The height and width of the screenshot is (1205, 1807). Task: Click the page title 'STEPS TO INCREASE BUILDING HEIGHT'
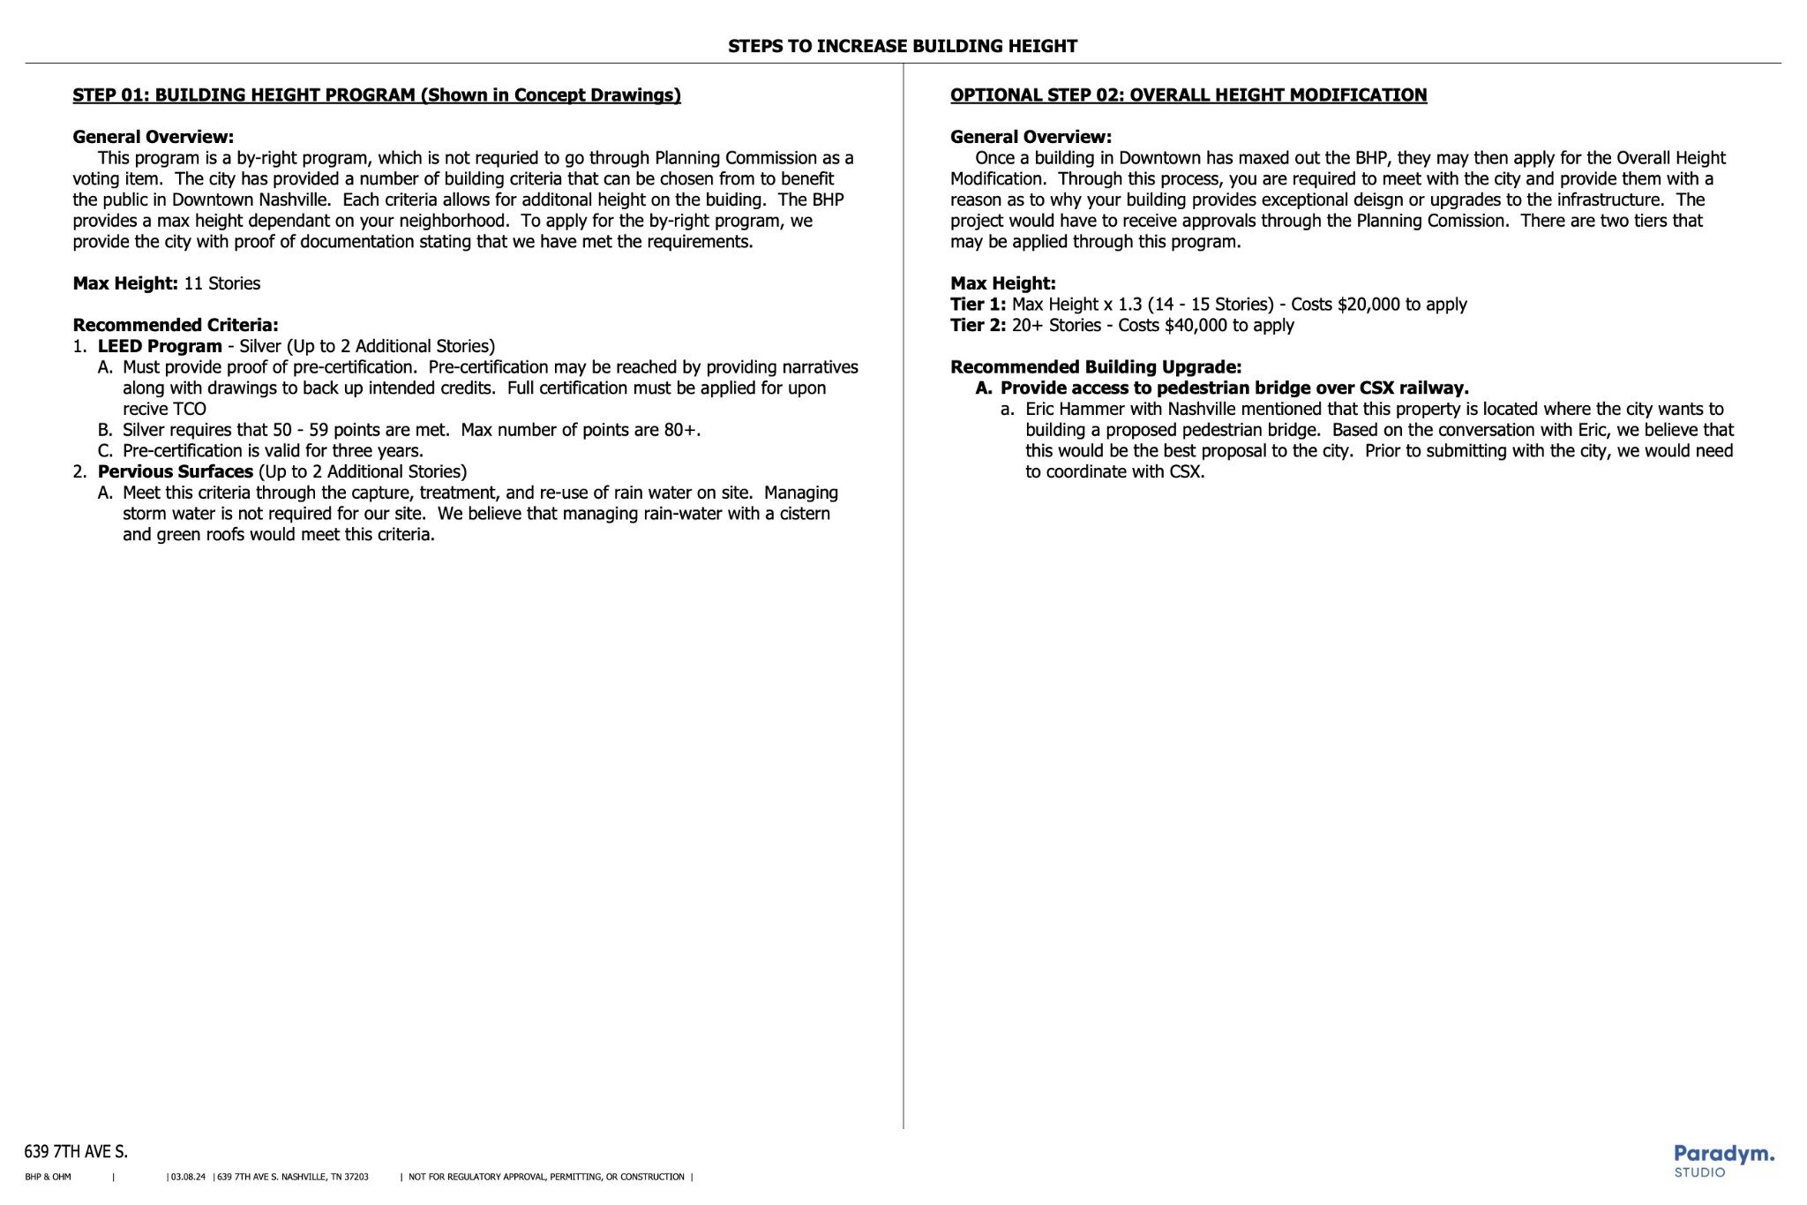pos(902,46)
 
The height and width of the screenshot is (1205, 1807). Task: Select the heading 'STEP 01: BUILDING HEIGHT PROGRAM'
pos(377,95)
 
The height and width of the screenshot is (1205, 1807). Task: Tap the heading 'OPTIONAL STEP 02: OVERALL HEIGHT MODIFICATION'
pos(1188,95)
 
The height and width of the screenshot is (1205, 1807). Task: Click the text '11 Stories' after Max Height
pos(221,283)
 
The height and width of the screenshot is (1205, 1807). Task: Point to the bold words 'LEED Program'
pos(160,346)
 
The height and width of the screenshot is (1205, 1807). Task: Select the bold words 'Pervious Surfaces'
pos(175,471)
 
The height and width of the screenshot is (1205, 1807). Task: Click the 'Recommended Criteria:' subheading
pos(175,325)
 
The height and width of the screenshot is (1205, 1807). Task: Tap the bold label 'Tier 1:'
pos(978,305)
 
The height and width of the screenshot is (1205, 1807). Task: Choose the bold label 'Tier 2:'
pos(978,325)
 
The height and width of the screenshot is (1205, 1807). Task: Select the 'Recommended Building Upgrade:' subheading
pos(1095,367)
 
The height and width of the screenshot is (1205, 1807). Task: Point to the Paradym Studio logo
pos(1723,1160)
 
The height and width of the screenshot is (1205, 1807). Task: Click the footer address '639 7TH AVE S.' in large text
pos(76,1151)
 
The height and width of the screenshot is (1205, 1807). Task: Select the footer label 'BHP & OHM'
pos(49,1177)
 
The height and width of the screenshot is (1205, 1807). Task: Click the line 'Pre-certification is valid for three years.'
pos(273,450)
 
